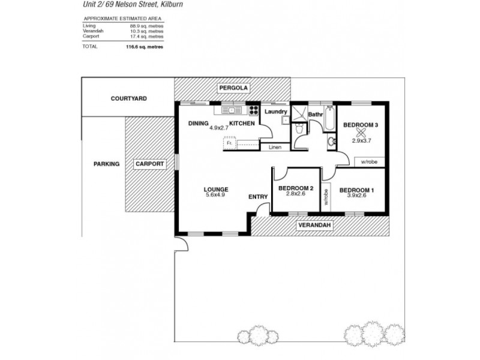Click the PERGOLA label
233,88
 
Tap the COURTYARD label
128,98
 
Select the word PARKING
106,164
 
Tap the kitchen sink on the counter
231,110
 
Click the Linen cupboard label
275,147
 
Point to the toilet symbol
299,129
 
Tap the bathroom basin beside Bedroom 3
331,142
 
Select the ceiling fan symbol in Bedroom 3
360,133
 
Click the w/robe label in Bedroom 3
369,161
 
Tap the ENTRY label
258,197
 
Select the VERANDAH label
314,226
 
